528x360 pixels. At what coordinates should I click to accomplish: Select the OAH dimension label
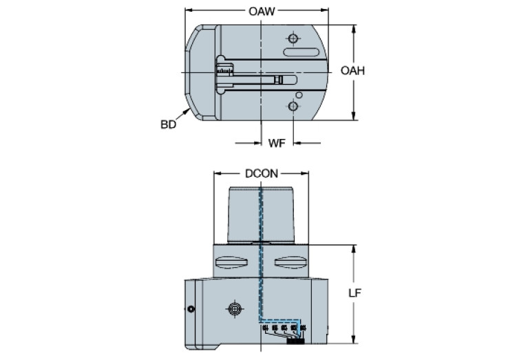coord(352,72)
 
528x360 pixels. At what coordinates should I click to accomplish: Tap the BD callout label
coord(169,125)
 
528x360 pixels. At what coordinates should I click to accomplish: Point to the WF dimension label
coord(277,143)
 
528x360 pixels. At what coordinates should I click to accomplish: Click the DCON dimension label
coord(262,174)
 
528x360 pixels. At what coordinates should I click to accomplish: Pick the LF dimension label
coord(355,293)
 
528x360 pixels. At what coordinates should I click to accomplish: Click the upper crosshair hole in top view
coord(294,38)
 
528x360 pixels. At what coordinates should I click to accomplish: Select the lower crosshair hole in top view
coord(294,107)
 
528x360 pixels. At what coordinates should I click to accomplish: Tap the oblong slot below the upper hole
coord(302,53)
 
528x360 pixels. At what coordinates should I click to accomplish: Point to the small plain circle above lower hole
coord(299,95)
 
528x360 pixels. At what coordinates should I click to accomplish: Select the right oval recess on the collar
coord(289,263)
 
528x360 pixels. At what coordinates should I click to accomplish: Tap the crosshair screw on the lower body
coord(234,310)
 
